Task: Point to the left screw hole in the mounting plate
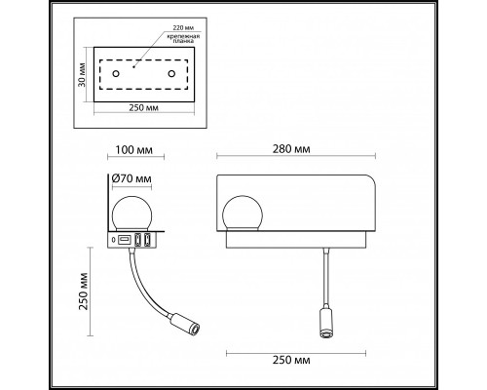point(115,74)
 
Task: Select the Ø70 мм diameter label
point(131,180)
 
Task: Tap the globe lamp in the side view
point(131,214)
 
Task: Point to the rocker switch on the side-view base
point(127,240)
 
